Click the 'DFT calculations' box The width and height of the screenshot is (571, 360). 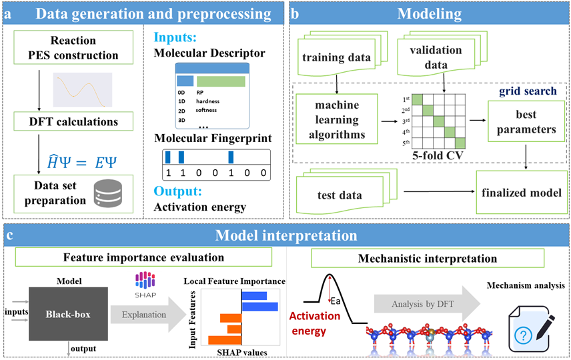pos(73,121)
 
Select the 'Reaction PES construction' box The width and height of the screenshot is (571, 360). pos(73,47)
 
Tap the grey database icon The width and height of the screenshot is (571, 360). pos(108,193)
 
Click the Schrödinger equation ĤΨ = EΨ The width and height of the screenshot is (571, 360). pos(82,161)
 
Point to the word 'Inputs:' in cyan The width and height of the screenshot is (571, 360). pos(175,37)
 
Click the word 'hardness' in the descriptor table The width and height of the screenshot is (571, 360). pos(207,101)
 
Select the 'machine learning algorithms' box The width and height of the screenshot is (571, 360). pos(336,119)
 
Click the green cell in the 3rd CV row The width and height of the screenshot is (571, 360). pos(438,121)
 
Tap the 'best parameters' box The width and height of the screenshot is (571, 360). pos(526,121)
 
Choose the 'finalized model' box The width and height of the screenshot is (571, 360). pos(522,192)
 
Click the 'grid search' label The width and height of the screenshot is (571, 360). pos(528,91)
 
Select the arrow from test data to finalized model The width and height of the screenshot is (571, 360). pos(440,191)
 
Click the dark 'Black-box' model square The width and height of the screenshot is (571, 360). pos(68,314)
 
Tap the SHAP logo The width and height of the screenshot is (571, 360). pos(145,285)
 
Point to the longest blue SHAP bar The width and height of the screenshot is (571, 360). pos(259,307)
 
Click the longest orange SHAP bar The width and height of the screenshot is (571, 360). pos(225,340)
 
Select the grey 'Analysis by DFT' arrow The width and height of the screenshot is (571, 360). pos(427,304)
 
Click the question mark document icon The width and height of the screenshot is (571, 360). pos(531,329)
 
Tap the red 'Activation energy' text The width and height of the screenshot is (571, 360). pos(314,323)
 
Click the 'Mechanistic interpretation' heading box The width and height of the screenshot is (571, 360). pos(427,258)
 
